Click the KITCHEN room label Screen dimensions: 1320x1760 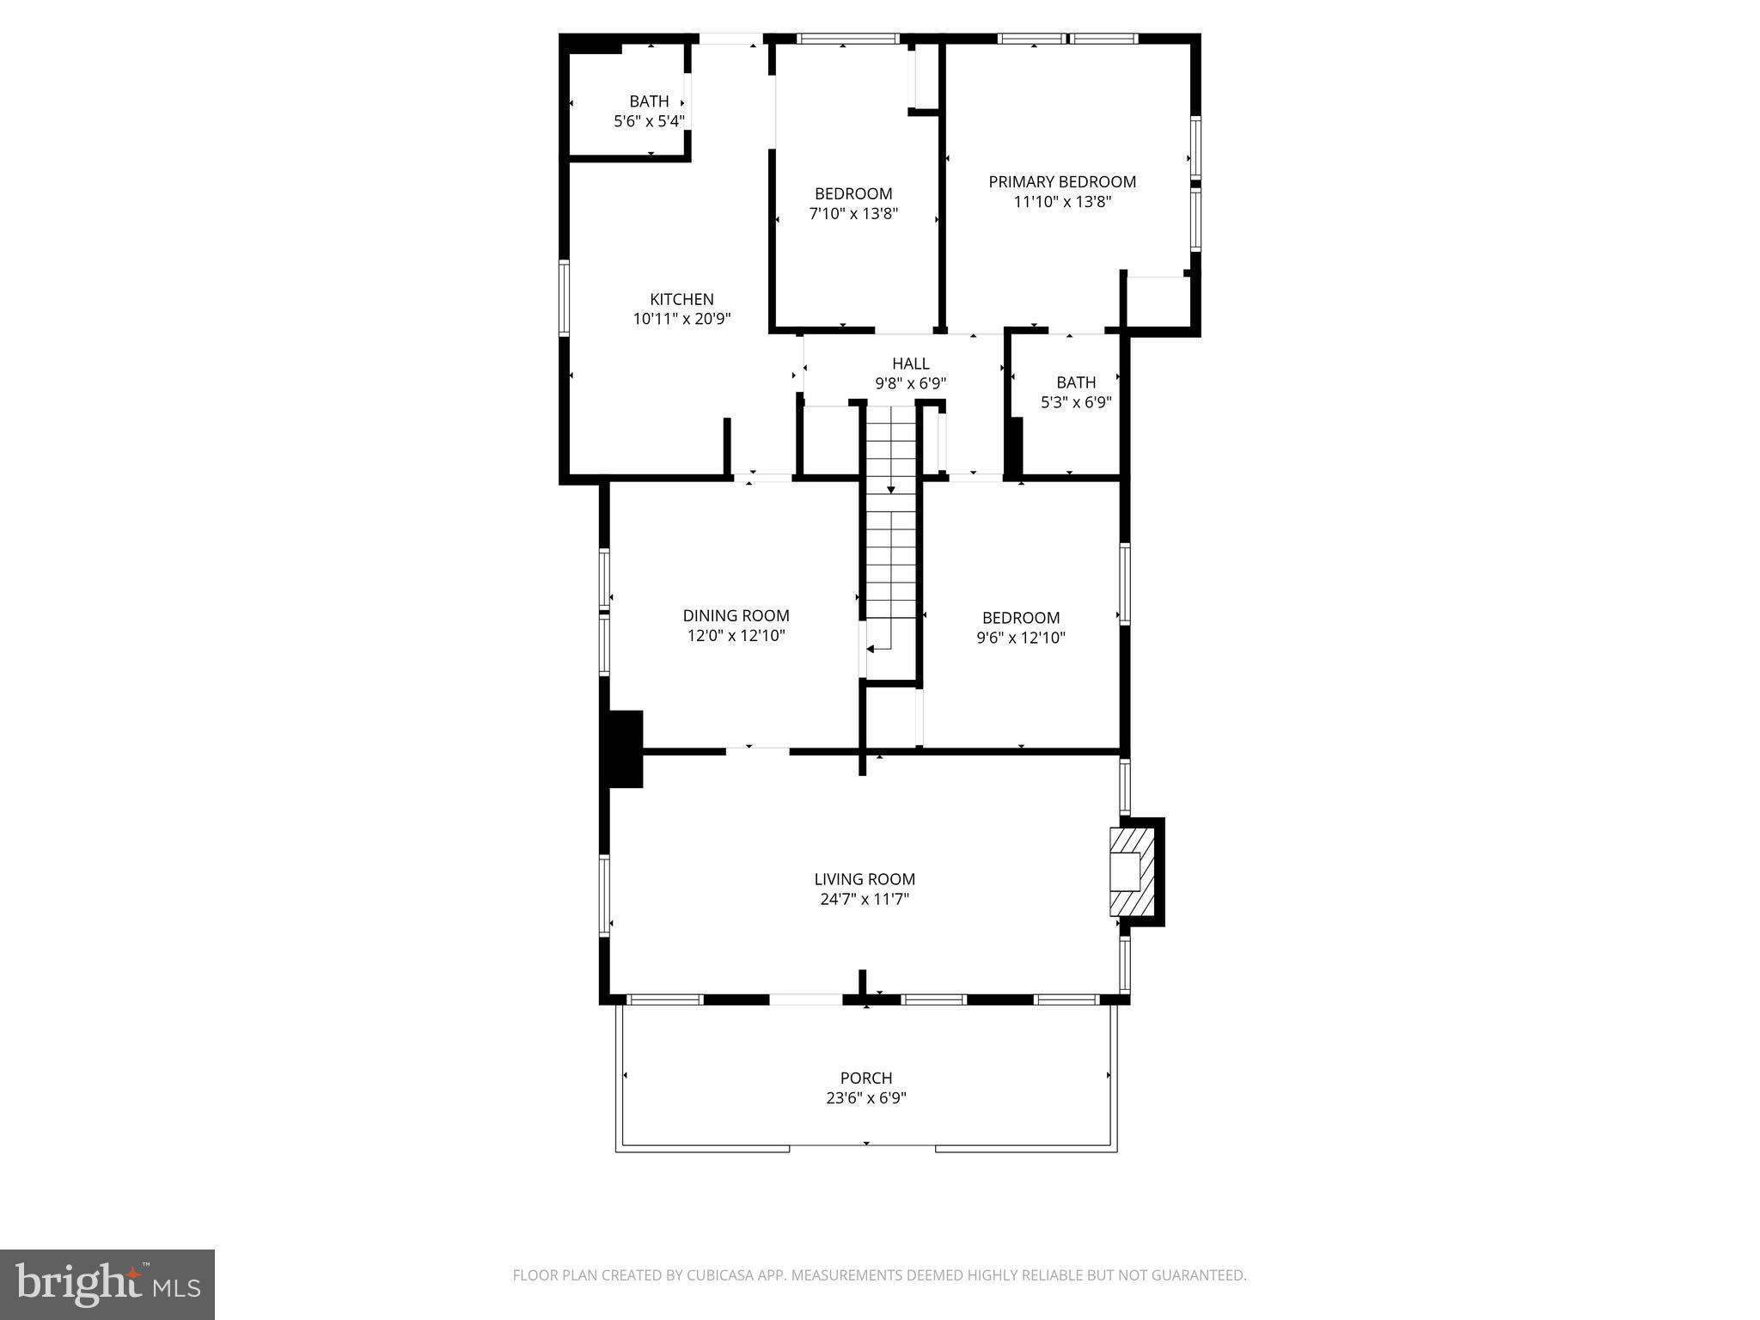pyautogui.click(x=681, y=299)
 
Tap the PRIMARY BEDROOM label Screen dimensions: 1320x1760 pyautogui.click(x=1062, y=181)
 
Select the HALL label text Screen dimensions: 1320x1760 pyautogui.click(x=910, y=364)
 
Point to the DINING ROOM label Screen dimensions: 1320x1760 pyautogui.click(x=736, y=615)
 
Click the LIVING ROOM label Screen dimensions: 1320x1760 pyautogui.click(x=865, y=879)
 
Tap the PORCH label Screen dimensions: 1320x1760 pyautogui.click(x=865, y=1078)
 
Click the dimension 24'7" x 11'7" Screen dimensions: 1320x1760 pyautogui.click(x=865, y=900)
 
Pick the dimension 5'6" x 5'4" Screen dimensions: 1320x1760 pyautogui.click(x=649, y=122)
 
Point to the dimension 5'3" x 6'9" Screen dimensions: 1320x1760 pyautogui.click(x=1076, y=402)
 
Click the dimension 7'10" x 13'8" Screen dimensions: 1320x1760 pyautogui.click(x=853, y=214)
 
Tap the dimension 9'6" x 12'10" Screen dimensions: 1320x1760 pyautogui.click(x=1021, y=638)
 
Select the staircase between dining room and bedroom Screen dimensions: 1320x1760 pyautogui.click(x=891, y=541)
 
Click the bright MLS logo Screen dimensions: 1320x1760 pyautogui.click(x=107, y=1285)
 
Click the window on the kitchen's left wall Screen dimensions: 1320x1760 pyautogui.click(x=565, y=297)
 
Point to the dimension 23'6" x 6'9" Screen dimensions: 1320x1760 pyautogui.click(x=865, y=1098)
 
